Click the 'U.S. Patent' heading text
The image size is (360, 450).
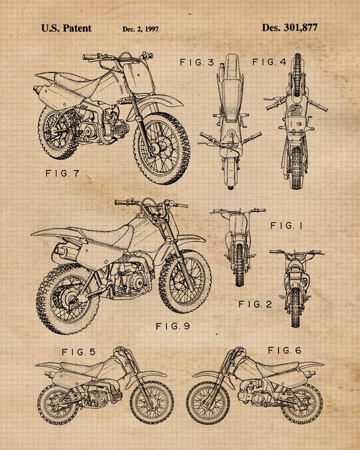[x=66, y=28]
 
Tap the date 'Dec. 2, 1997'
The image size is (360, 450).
[x=140, y=29]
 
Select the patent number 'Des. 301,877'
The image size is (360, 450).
[x=290, y=28]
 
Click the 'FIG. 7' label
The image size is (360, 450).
[x=63, y=174]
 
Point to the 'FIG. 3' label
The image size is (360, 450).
[x=197, y=62]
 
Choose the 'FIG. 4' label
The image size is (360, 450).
[x=269, y=62]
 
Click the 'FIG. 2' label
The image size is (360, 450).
[x=255, y=304]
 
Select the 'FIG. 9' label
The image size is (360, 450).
[x=173, y=326]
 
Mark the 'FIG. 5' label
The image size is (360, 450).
[x=79, y=352]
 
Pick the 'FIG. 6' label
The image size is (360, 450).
[x=284, y=350]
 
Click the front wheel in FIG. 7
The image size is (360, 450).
[x=162, y=148]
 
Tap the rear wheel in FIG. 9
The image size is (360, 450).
[x=68, y=299]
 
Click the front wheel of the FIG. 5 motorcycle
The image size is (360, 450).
[x=152, y=403]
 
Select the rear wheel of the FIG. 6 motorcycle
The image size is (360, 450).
[x=301, y=402]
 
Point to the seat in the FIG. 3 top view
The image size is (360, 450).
[x=231, y=98]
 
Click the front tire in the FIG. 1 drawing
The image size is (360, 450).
[x=239, y=264]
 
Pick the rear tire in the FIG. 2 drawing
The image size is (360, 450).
[x=296, y=307]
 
